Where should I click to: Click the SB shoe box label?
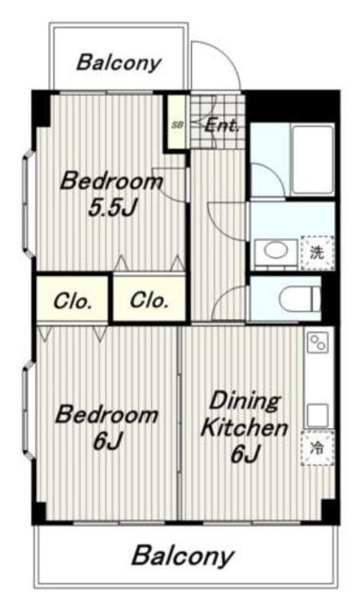[178, 125]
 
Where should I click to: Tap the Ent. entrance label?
[221, 125]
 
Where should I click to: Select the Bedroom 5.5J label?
[111, 195]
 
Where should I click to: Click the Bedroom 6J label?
[107, 427]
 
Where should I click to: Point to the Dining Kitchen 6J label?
[245, 426]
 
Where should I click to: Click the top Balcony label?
[118, 62]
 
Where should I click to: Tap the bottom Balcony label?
[183, 556]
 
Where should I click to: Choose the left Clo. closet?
[72, 299]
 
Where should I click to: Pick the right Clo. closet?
[149, 299]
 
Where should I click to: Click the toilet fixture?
[300, 299]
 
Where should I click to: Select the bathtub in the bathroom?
[313, 160]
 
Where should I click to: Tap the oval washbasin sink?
[276, 251]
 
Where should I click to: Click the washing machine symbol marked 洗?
[317, 252]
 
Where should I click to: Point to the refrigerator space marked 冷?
[317, 448]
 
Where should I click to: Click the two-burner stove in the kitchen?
[317, 342]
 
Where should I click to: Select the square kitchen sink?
[317, 415]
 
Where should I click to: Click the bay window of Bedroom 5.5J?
[27, 203]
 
